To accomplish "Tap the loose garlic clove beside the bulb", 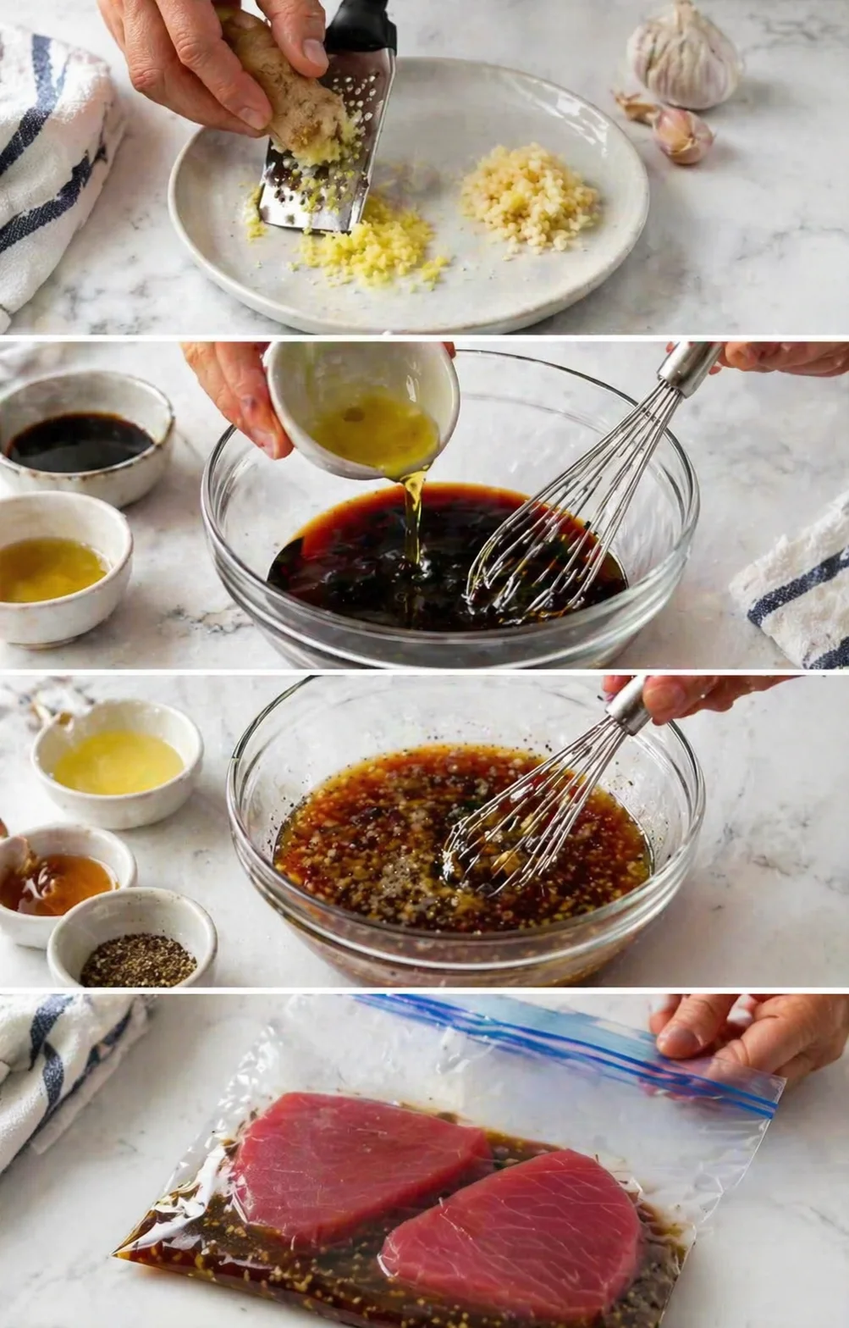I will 682,135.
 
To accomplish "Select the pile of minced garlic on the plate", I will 528,196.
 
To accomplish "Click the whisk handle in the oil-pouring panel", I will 689,364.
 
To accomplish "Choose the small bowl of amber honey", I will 56,881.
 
